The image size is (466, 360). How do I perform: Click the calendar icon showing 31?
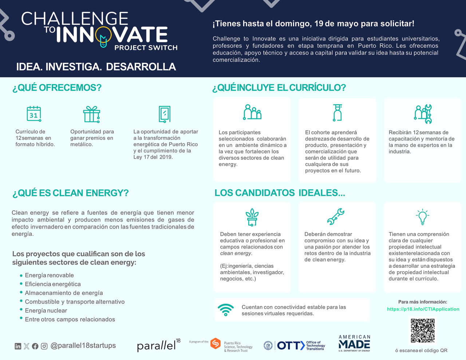[x=34, y=114]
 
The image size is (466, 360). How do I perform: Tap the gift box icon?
[x=91, y=114]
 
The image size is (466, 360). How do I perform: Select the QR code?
[x=422, y=331]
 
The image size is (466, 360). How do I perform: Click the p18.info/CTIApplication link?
[x=423, y=309]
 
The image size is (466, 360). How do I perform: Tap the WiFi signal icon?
[x=226, y=310]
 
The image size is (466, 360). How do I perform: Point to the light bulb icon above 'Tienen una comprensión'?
[x=422, y=217]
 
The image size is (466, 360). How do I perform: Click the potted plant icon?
[x=252, y=217]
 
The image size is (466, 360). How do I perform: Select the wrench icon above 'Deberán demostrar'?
[x=335, y=217]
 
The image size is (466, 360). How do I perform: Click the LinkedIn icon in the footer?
[x=18, y=346]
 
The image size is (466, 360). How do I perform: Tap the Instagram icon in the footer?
[x=44, y=346]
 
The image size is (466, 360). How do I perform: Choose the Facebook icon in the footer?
[x=35, y=346]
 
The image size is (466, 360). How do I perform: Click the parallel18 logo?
[x=158, y=345]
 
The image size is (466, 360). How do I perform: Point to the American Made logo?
[x=354, y=343]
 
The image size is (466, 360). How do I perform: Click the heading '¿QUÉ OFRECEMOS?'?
[x=57, y=88]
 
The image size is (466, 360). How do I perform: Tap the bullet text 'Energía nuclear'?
[x=46, y=310]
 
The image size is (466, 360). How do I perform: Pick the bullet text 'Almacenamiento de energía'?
[x=64, y=293]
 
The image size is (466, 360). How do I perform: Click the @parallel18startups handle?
[x=83, y=345]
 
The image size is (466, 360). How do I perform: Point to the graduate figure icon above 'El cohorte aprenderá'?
[x=337, y=112]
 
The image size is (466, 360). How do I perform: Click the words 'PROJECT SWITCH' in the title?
[x=146, y=48]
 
